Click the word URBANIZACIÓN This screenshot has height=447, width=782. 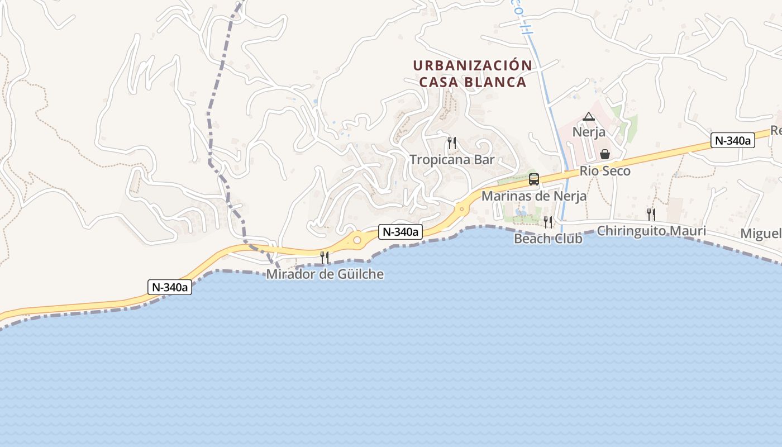[473, 65]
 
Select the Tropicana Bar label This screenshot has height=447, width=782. [452, 160]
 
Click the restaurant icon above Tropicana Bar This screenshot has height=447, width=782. [452, 143]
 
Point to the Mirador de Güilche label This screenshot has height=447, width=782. [325, 274]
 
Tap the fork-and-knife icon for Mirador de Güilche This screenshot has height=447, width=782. [324, 258]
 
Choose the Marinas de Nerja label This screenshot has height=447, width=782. [533, 196]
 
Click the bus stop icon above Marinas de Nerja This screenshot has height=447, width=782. [534, 179]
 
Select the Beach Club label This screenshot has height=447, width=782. [548, 239]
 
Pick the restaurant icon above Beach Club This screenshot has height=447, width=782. [548, 222]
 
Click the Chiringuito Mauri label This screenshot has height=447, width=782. [651, 231]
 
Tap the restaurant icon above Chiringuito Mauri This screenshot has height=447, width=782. [651, 214]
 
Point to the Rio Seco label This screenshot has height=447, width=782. [605, 171]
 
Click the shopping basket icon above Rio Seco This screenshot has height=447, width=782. [604, 154]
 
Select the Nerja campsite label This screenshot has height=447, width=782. [589, 133]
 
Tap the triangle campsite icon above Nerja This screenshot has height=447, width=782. [588, 117]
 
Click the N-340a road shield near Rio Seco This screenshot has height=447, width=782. [732, 141]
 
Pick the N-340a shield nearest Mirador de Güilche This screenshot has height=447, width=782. [400, 232]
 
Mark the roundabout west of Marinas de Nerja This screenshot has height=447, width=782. [462, 210]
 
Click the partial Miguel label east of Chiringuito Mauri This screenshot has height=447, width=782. [761, 233]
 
